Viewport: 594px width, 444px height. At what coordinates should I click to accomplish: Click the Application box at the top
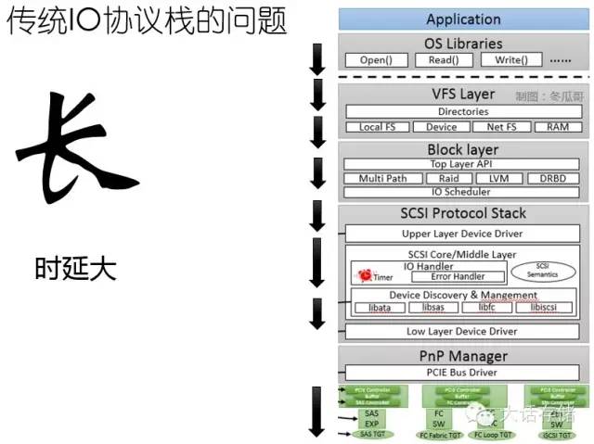coord(463,19)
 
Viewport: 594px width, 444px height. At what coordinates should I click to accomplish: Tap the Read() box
coord(444,59)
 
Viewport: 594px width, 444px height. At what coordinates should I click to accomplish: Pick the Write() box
coord(510,59)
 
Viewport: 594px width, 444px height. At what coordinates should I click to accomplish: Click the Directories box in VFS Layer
coord(463,112)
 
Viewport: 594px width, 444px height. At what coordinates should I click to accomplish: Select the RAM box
coord(558,127)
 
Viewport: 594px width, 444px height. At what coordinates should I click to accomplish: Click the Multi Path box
coord(383,178)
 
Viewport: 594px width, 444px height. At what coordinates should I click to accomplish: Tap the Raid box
coord(449,178)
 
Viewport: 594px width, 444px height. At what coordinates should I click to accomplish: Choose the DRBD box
coord(551,178)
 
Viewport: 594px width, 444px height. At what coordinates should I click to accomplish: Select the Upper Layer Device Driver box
coord(463,234)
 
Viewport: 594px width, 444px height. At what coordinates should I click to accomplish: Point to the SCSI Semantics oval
coord(543,270)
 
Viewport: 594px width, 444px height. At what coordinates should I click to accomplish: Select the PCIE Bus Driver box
coord(463,373)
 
